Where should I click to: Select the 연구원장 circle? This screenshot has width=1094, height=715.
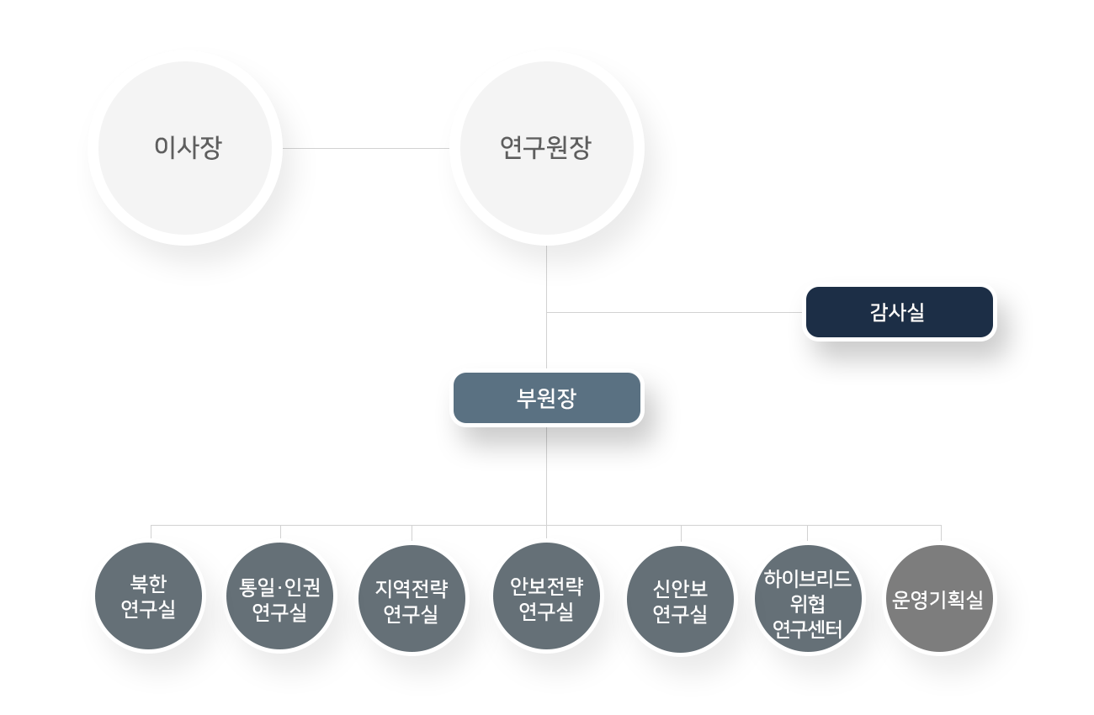tap(546, 149)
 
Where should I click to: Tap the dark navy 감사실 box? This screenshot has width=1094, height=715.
tap(898, 313)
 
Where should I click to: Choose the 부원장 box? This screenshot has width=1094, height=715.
tap(547, 398)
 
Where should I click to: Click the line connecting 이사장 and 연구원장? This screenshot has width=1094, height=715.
tap(367, 149)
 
